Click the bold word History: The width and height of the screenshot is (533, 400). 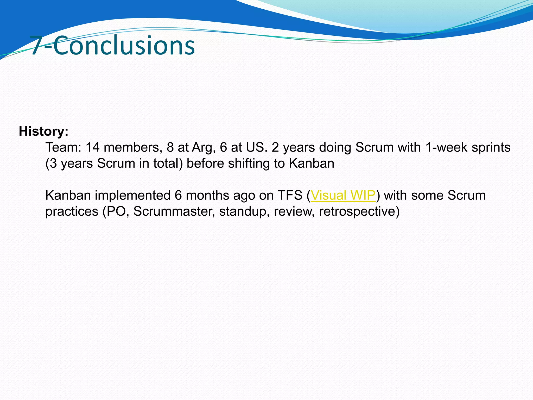coord(43,131)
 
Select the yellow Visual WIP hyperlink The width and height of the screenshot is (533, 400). coord(343,195)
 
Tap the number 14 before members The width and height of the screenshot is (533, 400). coord(92,147)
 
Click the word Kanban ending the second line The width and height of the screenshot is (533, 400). coord(312,164)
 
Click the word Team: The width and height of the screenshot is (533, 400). coord(64,147)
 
